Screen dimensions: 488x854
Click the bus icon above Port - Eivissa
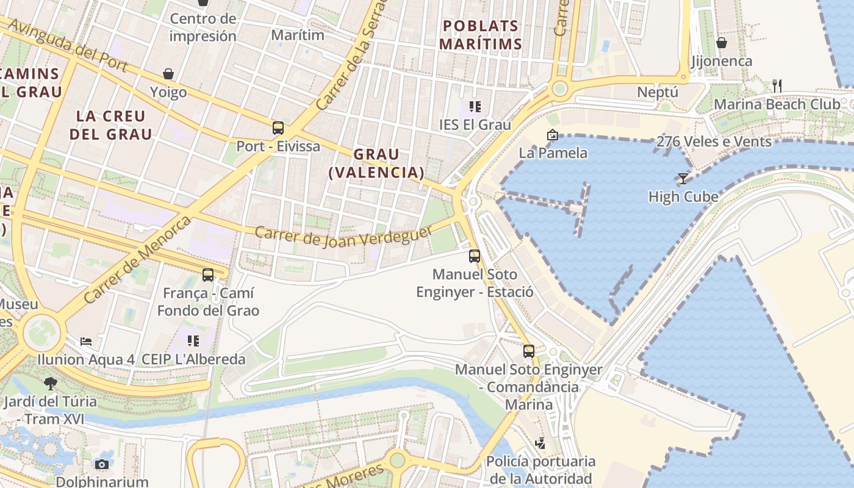pyautogui.click(x=278, y=128)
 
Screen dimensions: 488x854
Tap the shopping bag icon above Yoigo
pyautogui.click(x=168, y=74)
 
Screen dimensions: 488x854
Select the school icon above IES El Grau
pyautogui.click(x=475, y=107)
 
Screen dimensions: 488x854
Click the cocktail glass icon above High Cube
pyautogui.click(x=683, y=178)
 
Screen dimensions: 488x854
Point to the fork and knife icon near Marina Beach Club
pyautogui.click(x=777, y=85)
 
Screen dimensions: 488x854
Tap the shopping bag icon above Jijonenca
pyautogui.click(x=722, y=43)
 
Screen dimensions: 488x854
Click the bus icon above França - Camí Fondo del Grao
pyautogui.click(x=208, y=275)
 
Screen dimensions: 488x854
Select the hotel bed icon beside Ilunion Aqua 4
pyautogui.click(x=86, y=340)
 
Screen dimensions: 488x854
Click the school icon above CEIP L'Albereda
pyautogui.click(x=193, y=340)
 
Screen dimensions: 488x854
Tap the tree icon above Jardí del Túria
pyautogui.click(x=50, y=383)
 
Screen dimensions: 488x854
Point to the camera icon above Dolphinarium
pyautogui.click(x=102, y=464)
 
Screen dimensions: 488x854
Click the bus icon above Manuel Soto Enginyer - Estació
pyautogui.click(x=475, y=256)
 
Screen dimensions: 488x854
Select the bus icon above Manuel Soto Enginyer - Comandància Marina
pyautogui.click(x=529, y=351)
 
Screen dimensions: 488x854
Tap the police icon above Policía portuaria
pyautogui.click(x=540, y=443)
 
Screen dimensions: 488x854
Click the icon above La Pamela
pyautogui.click(x=553, y=135)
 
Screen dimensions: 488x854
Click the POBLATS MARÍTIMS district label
pyautogui.click(x=481, y=35)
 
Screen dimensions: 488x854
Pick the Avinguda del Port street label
pyautogui.click(x=68, y=45)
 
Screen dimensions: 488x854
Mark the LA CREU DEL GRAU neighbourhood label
pyautogui.click(x=110, y=125)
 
